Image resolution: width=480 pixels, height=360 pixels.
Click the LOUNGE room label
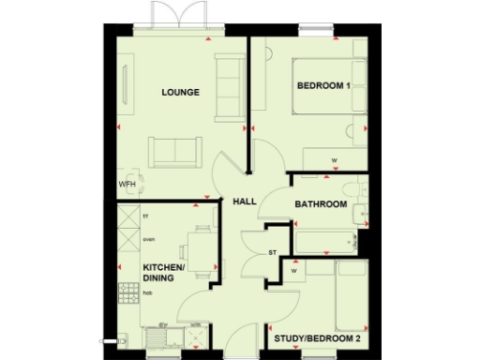pyautogui.click(x=180, y=92)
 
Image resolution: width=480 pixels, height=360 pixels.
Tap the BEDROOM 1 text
pyautogui.click(x=323, y=86)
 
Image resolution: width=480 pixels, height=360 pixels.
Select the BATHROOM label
pyautogui.click(x=321, y=204)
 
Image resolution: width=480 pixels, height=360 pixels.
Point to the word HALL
pyautogui.click(x=244, y=201)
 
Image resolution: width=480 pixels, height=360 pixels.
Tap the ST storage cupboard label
pyautogui.click(x=273, y=252)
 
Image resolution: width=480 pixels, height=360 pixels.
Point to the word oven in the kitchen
pyautogui.click(x=148, y=240)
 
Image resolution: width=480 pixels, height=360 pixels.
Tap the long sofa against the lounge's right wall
pyautogui.click(x=229, y=88)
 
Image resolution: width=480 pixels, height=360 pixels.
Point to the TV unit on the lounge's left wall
pyautogui.click(x=126, y=83)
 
